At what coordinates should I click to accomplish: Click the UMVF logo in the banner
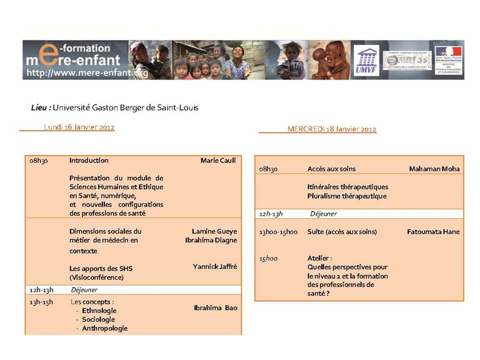[x=366, y=60]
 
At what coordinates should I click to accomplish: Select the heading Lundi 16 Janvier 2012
[x=79, y=127]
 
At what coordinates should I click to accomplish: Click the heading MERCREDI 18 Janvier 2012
[x=331, y=129]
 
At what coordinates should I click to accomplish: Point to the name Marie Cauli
[x=218, y=160]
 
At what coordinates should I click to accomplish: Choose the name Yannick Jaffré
[x=214, y=266]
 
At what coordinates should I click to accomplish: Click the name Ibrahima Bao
[x=215, y=307]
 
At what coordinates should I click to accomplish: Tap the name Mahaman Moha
[x=434, y=169]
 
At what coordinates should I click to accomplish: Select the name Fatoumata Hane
[x=433, y=232]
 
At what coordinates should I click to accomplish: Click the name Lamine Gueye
[x=214, y=231]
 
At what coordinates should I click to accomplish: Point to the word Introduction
[x=88, y=160]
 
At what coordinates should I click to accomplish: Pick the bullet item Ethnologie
[x=99, y=310]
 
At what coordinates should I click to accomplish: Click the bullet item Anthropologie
[x=104, y=328]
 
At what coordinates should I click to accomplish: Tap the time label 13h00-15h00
[x=278, y=232]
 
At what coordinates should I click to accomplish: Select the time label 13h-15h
[x=41, y=302]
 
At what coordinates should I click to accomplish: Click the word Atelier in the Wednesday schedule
[x=319, y=258]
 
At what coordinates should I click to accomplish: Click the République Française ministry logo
[x=448, y=60]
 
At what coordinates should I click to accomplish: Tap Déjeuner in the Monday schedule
[x=84, y=289]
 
